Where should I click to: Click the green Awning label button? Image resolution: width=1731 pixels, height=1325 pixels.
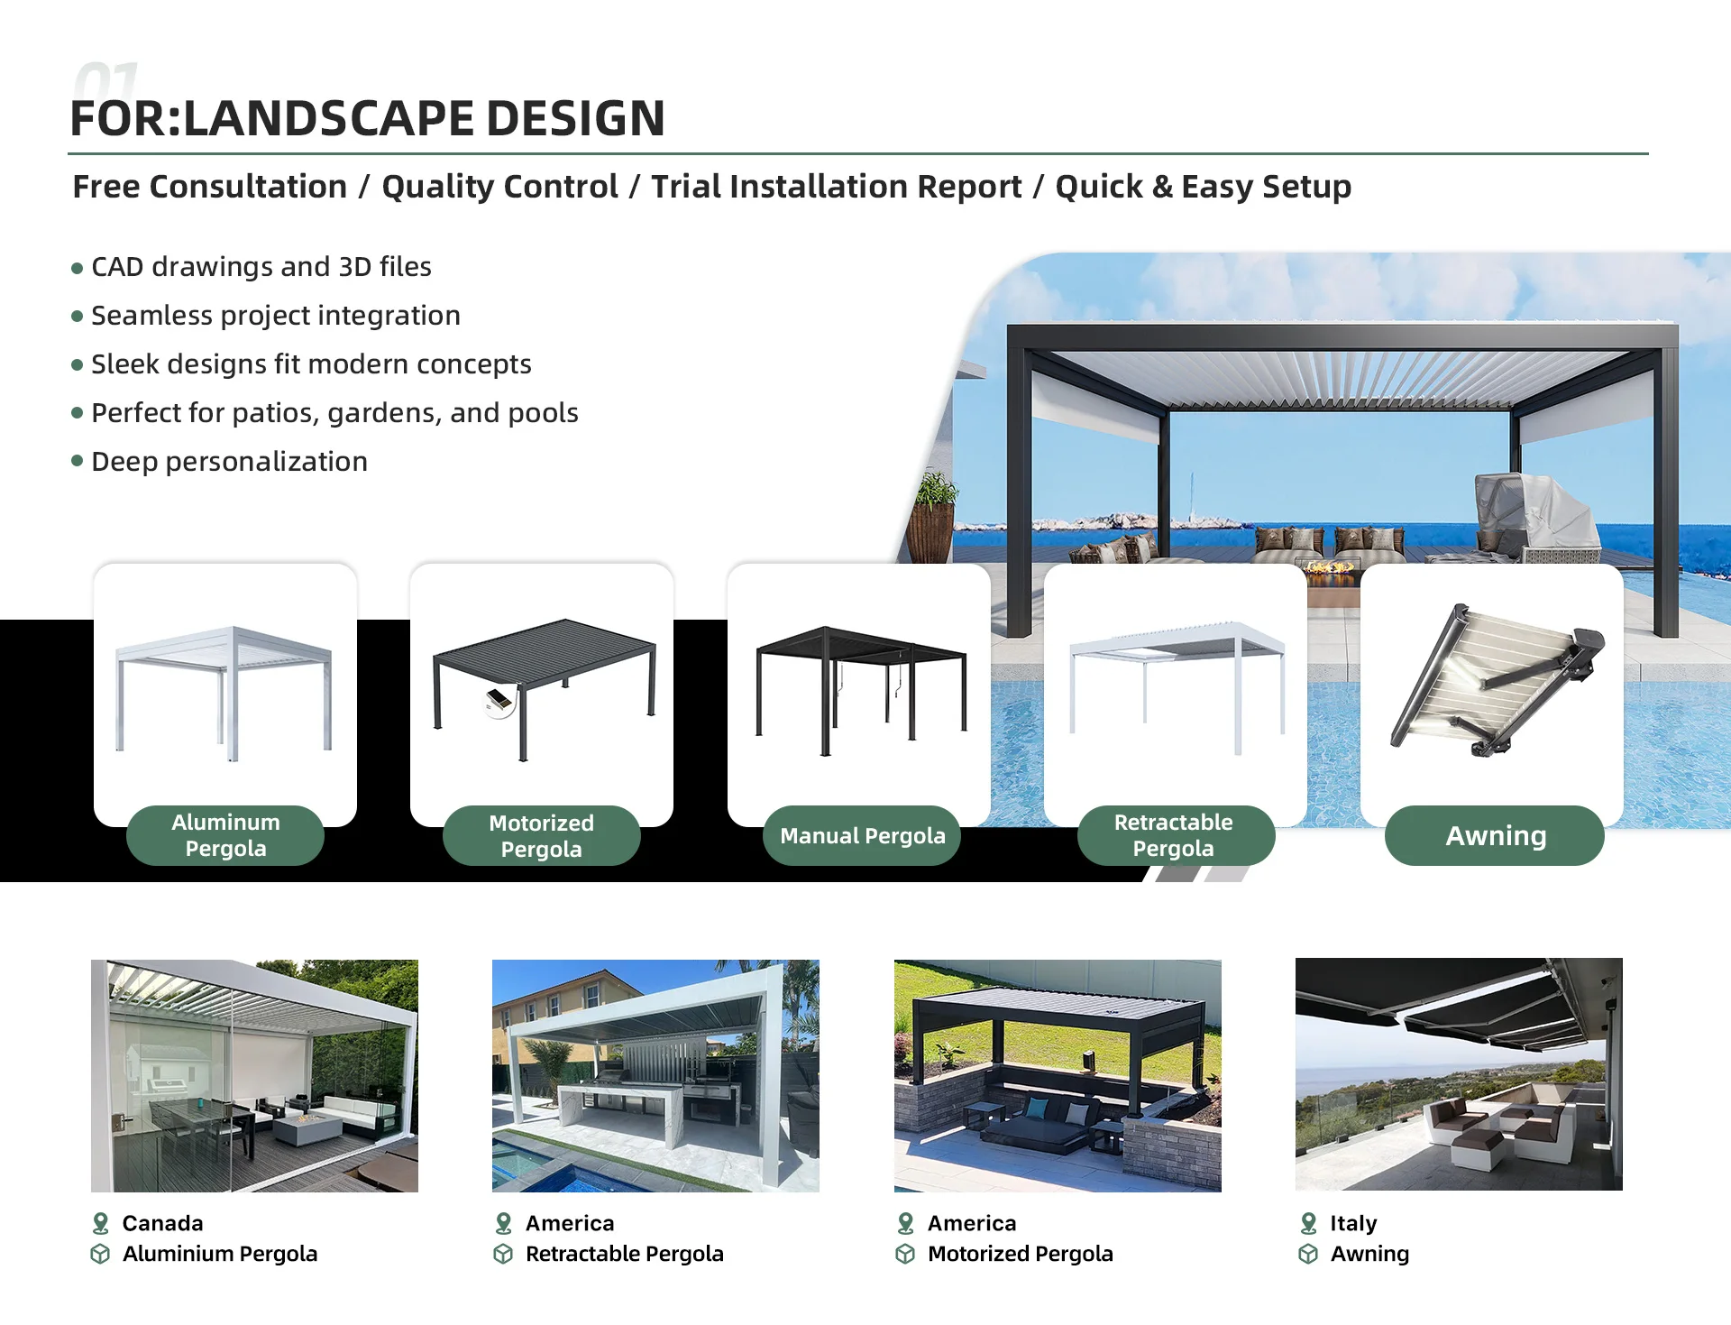(1494, 836)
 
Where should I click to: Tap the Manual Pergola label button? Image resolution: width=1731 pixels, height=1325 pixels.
(862, 836)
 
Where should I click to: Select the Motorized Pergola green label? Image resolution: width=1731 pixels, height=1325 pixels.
(541, 836)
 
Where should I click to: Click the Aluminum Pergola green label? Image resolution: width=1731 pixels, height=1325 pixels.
(225, 836)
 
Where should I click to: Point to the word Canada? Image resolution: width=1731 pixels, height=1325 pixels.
(163, 1223)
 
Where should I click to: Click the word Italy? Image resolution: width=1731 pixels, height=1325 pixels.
(1353, 1223)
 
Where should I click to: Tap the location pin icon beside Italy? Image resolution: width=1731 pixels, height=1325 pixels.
(1308, 1223)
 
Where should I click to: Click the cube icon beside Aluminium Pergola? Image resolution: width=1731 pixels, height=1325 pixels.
(100, 1254)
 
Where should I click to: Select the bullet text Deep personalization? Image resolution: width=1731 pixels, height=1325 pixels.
(229, 462)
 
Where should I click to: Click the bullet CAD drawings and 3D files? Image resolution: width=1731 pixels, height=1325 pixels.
(261, 267)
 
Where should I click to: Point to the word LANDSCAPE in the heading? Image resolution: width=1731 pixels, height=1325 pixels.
(329, 118)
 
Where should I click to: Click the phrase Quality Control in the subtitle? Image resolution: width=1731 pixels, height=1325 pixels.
(499, 187)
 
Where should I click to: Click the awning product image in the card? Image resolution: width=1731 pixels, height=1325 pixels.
(1497, 680)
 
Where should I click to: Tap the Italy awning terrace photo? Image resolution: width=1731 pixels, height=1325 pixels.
(1459, 1074)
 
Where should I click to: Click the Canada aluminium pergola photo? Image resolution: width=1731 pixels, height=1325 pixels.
(254, 1076)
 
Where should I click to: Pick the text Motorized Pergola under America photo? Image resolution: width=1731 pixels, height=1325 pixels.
(1021, 1254)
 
